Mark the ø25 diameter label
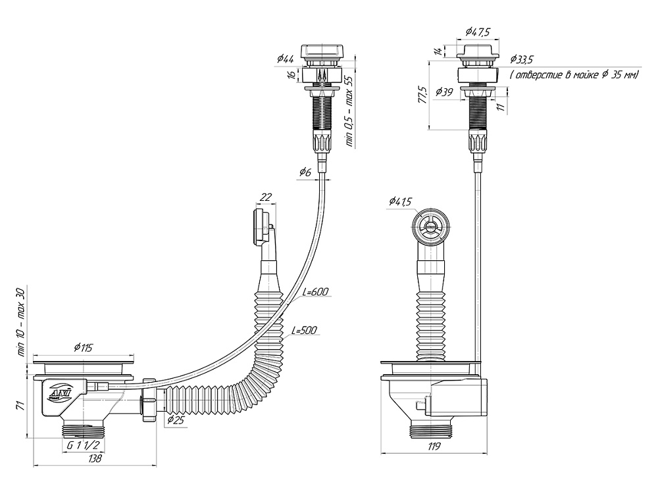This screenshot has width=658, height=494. click(175, 420)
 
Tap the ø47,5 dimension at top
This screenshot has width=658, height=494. click(478, 30)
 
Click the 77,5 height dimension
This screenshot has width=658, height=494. click(423, 95)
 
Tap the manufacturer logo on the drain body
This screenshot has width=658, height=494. click(61, 394)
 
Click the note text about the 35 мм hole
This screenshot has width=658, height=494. click(574, 76)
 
